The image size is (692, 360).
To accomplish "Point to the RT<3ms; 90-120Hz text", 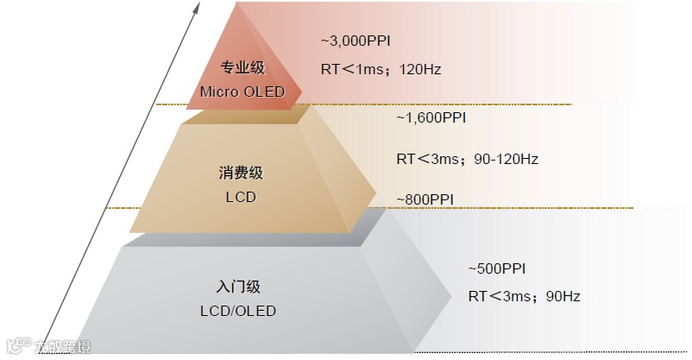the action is click(467, 159).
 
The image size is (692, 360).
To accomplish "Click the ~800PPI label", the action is click(425, 199).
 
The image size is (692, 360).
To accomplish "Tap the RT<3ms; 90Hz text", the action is click(524, 296).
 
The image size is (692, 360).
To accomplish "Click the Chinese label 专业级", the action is click(242, 68).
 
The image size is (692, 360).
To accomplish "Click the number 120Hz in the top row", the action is click(420, 69).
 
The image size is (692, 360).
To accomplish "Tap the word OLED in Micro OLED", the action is click(265, 91).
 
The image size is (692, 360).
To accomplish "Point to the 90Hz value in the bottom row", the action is click(563, 296).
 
